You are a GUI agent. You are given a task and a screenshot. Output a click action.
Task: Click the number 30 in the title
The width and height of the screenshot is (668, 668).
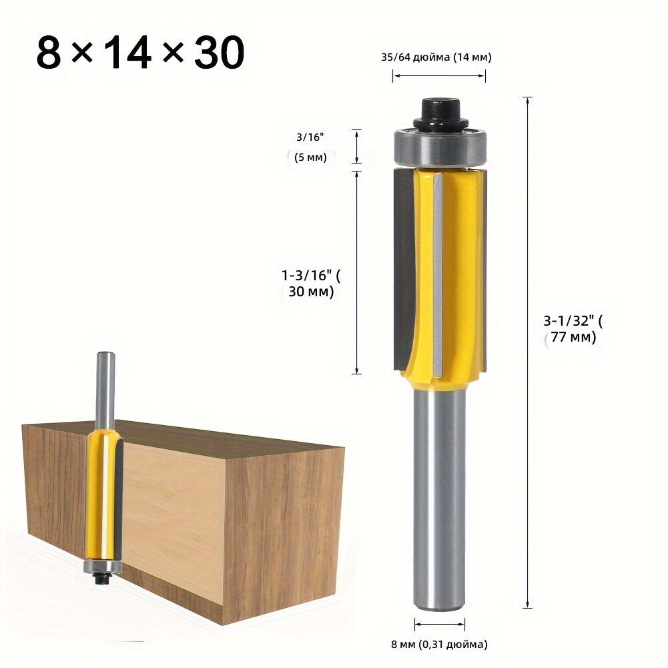point(220,53)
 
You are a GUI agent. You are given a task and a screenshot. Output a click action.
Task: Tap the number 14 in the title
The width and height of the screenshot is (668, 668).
point(125,53)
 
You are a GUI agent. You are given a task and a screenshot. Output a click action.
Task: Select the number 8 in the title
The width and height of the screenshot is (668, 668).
point(49,53)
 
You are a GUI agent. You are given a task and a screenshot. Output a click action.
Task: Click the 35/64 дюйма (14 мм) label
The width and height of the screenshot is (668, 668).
point(436,57)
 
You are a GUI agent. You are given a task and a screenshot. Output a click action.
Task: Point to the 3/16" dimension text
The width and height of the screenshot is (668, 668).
point(310,137)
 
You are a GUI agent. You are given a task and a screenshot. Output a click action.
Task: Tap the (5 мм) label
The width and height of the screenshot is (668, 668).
point(310,157)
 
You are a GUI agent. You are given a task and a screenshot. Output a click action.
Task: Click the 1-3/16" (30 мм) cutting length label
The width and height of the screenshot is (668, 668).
point(311,284)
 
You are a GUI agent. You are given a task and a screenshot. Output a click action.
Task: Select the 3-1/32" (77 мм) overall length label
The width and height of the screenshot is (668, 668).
point(573,328)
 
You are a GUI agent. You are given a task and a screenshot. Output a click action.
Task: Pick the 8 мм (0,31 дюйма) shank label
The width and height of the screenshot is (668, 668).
point(439,644)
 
